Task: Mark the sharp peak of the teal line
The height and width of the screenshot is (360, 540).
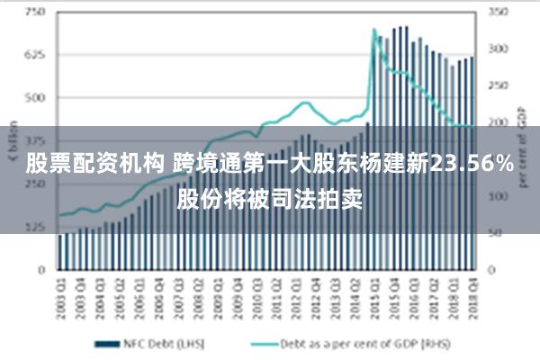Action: (373, 30)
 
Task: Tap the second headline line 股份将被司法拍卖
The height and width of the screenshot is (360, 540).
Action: (269, 196)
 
